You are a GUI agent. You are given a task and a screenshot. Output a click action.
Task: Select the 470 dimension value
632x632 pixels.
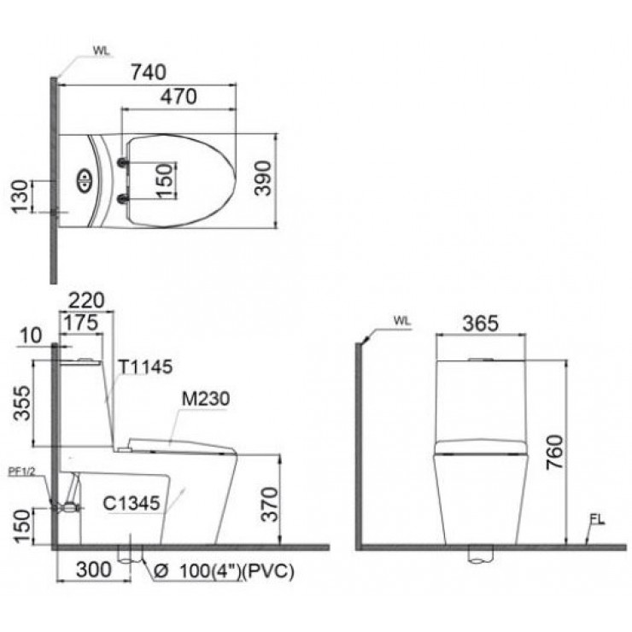point(178,97)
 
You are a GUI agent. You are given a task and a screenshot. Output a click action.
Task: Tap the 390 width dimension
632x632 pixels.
point(265,178)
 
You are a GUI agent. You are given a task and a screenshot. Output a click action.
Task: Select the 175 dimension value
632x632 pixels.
point(84,324)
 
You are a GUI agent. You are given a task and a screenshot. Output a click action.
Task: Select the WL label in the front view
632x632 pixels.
point(402,322)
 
